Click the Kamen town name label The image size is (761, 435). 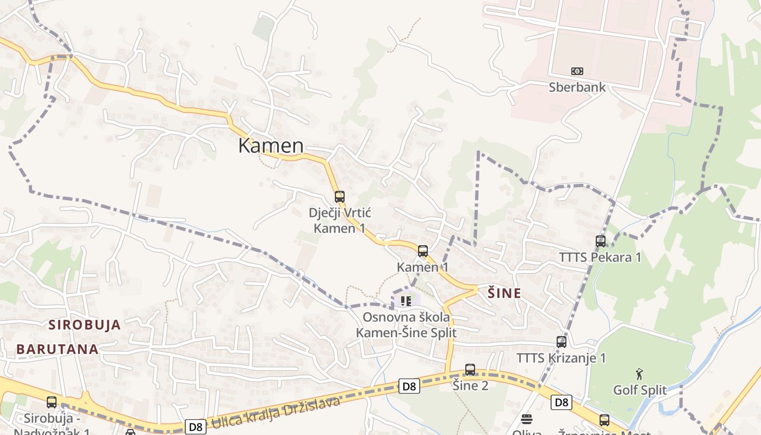click(x=271, y=146)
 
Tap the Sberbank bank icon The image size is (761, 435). click(x=577, y=71)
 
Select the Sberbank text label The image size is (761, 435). click(x=577, y=87)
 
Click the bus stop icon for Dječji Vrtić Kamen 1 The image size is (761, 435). click(x=340, y=196)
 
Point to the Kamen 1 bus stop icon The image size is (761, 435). click(x=423, y=251)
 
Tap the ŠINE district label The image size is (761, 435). click(x=504, y=294)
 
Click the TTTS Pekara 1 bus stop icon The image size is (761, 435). click(x=601, y=241)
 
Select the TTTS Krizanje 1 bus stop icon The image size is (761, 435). click(x=562, y=342)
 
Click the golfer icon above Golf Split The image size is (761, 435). click(x=640, y=374)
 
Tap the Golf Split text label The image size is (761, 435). click(x=640, y=390)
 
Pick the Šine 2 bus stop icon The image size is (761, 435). click(x=470, y=370)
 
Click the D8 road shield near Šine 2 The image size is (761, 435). click(x=409, y=386)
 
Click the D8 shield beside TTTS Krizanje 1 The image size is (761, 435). click(x=562, y=402)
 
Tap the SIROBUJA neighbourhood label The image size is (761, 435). click(x=85, y=325)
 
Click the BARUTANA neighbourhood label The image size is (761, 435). click(x=57, y=349)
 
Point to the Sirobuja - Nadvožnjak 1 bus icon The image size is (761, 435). click(x=52, y=402)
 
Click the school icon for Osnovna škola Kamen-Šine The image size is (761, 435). click(x=406, y=301)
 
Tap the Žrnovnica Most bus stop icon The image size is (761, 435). click(x=604, y=420)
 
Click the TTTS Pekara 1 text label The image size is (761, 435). click(x=601, y=257)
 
